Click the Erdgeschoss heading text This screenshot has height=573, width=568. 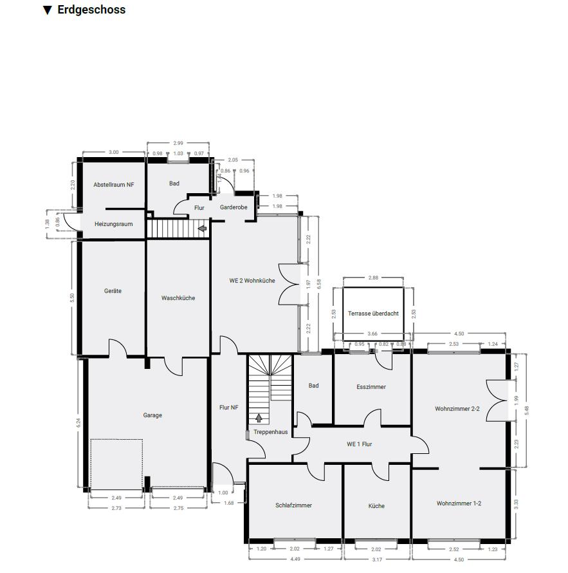click(x=91, y=10)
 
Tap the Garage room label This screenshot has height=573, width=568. click(x=152, y=415)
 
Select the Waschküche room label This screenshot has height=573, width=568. click(x=178, y=298)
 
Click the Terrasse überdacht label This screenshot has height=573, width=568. click(x=373, y=314)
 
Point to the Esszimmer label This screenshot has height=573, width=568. click(x=371, y=387)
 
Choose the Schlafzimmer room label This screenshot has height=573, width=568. click(x=293, y=505)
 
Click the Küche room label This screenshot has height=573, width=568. click(x=377, y=505)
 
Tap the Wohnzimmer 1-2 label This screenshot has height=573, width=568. click(x=459, y=503)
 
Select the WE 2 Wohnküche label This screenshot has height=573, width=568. click(x=252, y=281)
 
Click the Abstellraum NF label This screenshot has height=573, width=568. click(x=114, y=184)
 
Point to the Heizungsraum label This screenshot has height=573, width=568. click(x=113, y=224)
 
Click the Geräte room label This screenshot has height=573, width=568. click(x=113, y=291)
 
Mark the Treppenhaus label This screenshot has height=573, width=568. click(x=270, y=432)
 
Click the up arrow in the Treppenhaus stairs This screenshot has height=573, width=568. click(x=259, y=419)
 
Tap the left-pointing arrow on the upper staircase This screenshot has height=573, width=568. click(x=202, y=228)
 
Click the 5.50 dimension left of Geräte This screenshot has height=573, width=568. click(x=72, y=297)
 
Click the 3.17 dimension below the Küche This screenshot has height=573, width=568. click(x=377, y=559)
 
